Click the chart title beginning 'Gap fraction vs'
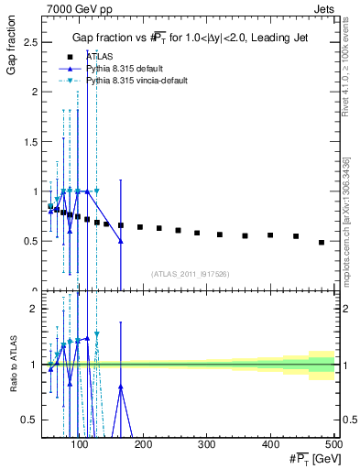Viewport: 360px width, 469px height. (x=190, y=37)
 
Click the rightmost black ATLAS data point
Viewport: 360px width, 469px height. (x=322, y=243)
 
